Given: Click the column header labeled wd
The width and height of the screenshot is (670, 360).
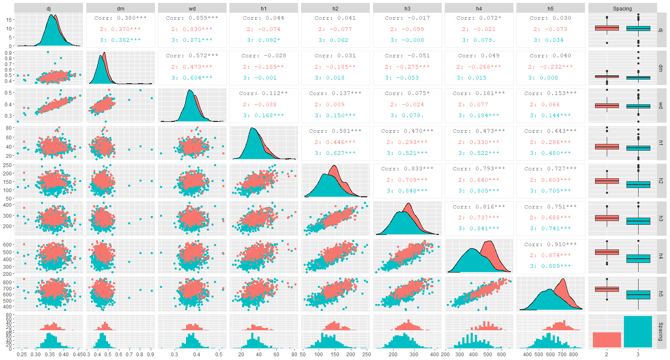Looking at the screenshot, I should pos(192,8).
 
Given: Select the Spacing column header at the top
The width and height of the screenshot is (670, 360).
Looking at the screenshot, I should pos(622,8).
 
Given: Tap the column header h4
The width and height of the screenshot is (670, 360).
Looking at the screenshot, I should pos(479,8).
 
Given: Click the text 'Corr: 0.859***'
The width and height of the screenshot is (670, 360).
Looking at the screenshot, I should pos(192,18).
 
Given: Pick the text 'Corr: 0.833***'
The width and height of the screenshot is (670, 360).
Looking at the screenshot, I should pos(407,168).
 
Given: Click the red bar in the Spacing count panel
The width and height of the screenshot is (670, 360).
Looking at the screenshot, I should pos(607,339).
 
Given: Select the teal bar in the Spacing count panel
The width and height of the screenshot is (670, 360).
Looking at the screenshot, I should pos(638,332).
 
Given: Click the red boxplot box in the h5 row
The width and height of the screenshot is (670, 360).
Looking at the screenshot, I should pos(607,289).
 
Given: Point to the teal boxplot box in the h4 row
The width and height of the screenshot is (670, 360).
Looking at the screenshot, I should pos(638,259).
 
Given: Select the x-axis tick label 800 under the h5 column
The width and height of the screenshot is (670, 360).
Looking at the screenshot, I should pos(573,354).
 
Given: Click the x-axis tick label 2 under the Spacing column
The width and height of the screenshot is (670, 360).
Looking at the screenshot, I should pos(607,354).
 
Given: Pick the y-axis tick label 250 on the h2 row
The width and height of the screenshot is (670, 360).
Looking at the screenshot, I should pos(8,165).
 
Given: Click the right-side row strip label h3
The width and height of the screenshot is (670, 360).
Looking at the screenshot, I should pos(661,219).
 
